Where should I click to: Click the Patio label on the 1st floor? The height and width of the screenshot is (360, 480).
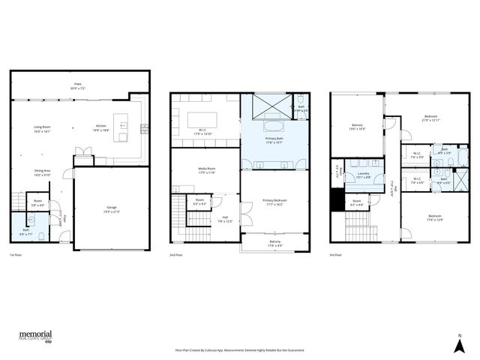coord(77,85)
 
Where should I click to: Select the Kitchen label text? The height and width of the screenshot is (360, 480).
coord(100,127)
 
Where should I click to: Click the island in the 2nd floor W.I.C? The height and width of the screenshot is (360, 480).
coord(202,120)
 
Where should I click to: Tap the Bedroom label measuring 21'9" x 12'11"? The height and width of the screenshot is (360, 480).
coord(431,117)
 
